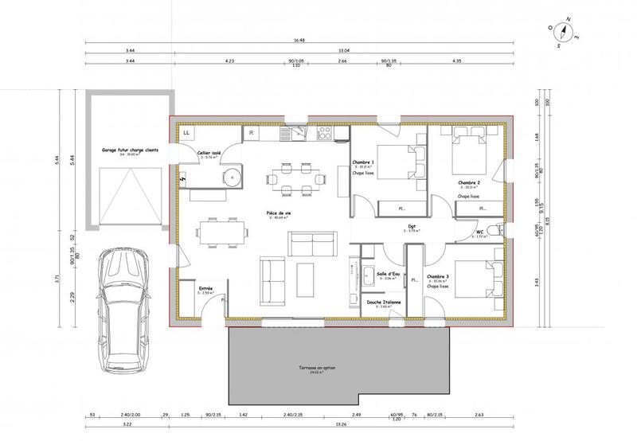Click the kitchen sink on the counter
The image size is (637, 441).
(298, 133)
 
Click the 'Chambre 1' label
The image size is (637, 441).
(363, 162)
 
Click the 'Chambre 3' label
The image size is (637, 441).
(439, 276)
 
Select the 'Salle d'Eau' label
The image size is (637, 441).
(388, 273)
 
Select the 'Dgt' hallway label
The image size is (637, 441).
(412, 226)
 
